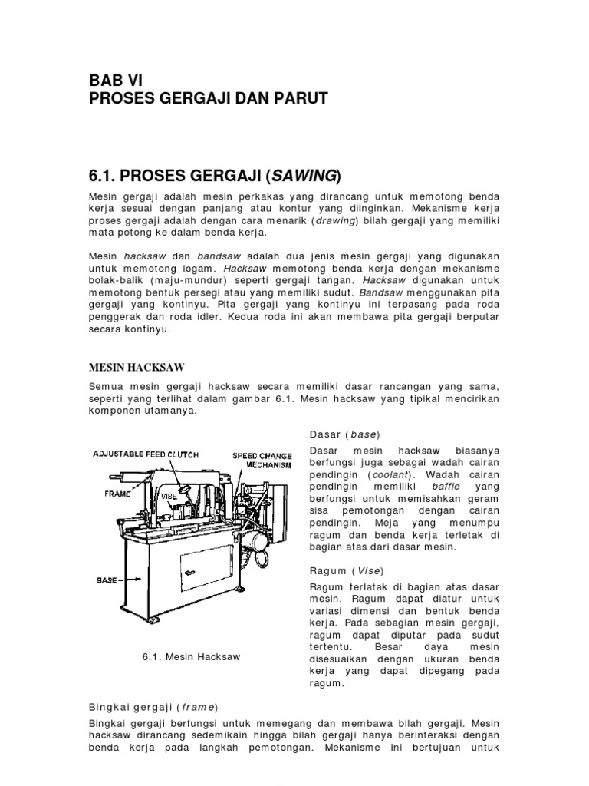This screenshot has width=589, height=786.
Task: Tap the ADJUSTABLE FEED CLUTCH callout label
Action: [x=146, y=455]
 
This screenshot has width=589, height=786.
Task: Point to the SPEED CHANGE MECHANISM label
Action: [x=263, y=461]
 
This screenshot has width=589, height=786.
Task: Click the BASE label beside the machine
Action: [x=107, y=580]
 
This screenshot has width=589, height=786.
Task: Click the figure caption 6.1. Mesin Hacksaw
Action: [x=192, y=657]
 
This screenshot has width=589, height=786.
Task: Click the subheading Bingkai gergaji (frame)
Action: [x=154, y=706]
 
